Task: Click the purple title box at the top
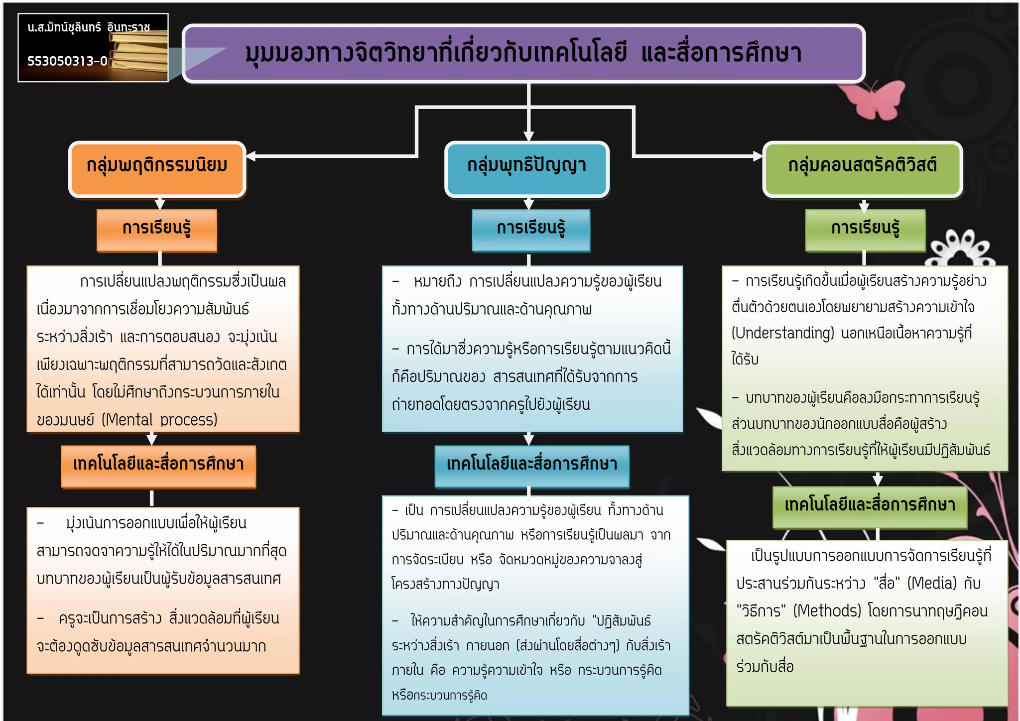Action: (523, 53)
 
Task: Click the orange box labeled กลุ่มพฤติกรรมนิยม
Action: (157, 169)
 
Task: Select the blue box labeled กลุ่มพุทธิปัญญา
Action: (526, 169)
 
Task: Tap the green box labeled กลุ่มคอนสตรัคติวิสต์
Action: (862, 169)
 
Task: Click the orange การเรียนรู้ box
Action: (157, 230)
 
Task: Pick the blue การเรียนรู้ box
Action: (531, 230)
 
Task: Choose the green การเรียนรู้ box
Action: (865, 230)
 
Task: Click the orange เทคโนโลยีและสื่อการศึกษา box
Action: (158, 466)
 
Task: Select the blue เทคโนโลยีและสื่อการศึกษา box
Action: (531, 466)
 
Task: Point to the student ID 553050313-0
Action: (67, 61)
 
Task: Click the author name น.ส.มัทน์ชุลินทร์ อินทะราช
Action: (88, 27)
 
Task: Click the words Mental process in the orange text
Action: (159, 420)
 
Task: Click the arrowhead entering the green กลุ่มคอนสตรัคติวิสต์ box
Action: (758, 156)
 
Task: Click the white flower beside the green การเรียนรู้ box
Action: (960, 249)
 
